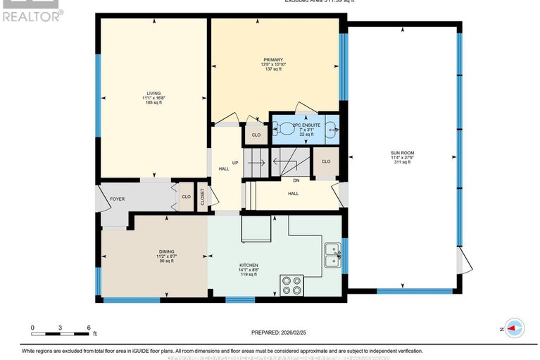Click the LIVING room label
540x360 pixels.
(x=153, y=93)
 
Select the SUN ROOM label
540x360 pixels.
(x=401, y=152)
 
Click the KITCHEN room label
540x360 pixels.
(x=249, y=266)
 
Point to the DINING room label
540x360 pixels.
(x=166, y=251)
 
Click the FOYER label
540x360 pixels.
(x=117, y=199)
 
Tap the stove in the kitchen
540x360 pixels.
(x=291, y=285)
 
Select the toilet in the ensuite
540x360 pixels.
(x=286, y=128)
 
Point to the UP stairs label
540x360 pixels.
(x=235, y=163)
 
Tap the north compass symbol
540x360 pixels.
(x=513, y=328)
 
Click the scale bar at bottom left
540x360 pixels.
(x=61, y=328)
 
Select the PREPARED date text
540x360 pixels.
(x=280, y=333)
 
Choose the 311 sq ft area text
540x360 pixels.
(x=401, y=162)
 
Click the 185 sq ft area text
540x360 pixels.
(x=153, y=103)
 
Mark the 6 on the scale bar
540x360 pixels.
(x=89, y=328)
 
